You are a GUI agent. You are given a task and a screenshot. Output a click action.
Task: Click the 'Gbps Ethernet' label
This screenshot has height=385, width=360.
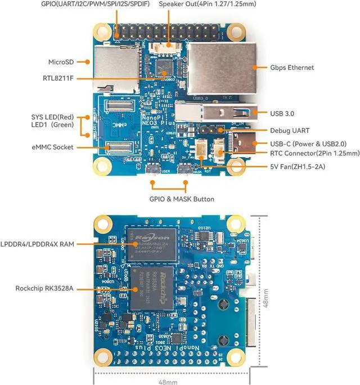tap(292, 68)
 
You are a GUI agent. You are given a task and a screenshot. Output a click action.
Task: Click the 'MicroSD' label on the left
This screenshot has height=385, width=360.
tap(61, 61)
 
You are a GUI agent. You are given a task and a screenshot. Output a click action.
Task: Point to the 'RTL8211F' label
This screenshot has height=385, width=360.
tap(58, 78)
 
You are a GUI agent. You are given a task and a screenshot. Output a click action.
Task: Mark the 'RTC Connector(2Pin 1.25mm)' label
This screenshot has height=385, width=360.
tap(314, 153)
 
